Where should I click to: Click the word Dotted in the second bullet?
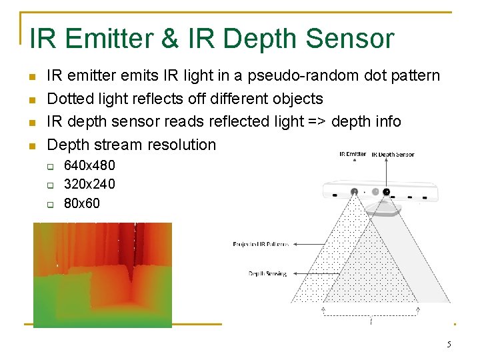click(x=70, y=99)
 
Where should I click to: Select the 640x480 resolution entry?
click(x=89, y=165)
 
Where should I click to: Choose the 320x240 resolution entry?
click(x=89, y=183)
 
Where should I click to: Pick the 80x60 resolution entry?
click(x=81, y=203)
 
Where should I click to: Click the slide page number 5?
click(x=449, y=345)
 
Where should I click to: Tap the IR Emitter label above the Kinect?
click(x=353, y=154)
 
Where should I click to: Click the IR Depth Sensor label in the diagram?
click(x=393, y=155)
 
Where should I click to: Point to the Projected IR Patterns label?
click(x=261, y=244)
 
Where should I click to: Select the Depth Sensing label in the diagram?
click(x=267, y=273)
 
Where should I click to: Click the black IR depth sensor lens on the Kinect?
click(x=386, y=192)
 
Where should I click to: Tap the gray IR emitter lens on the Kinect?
click(x=354, y=192)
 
